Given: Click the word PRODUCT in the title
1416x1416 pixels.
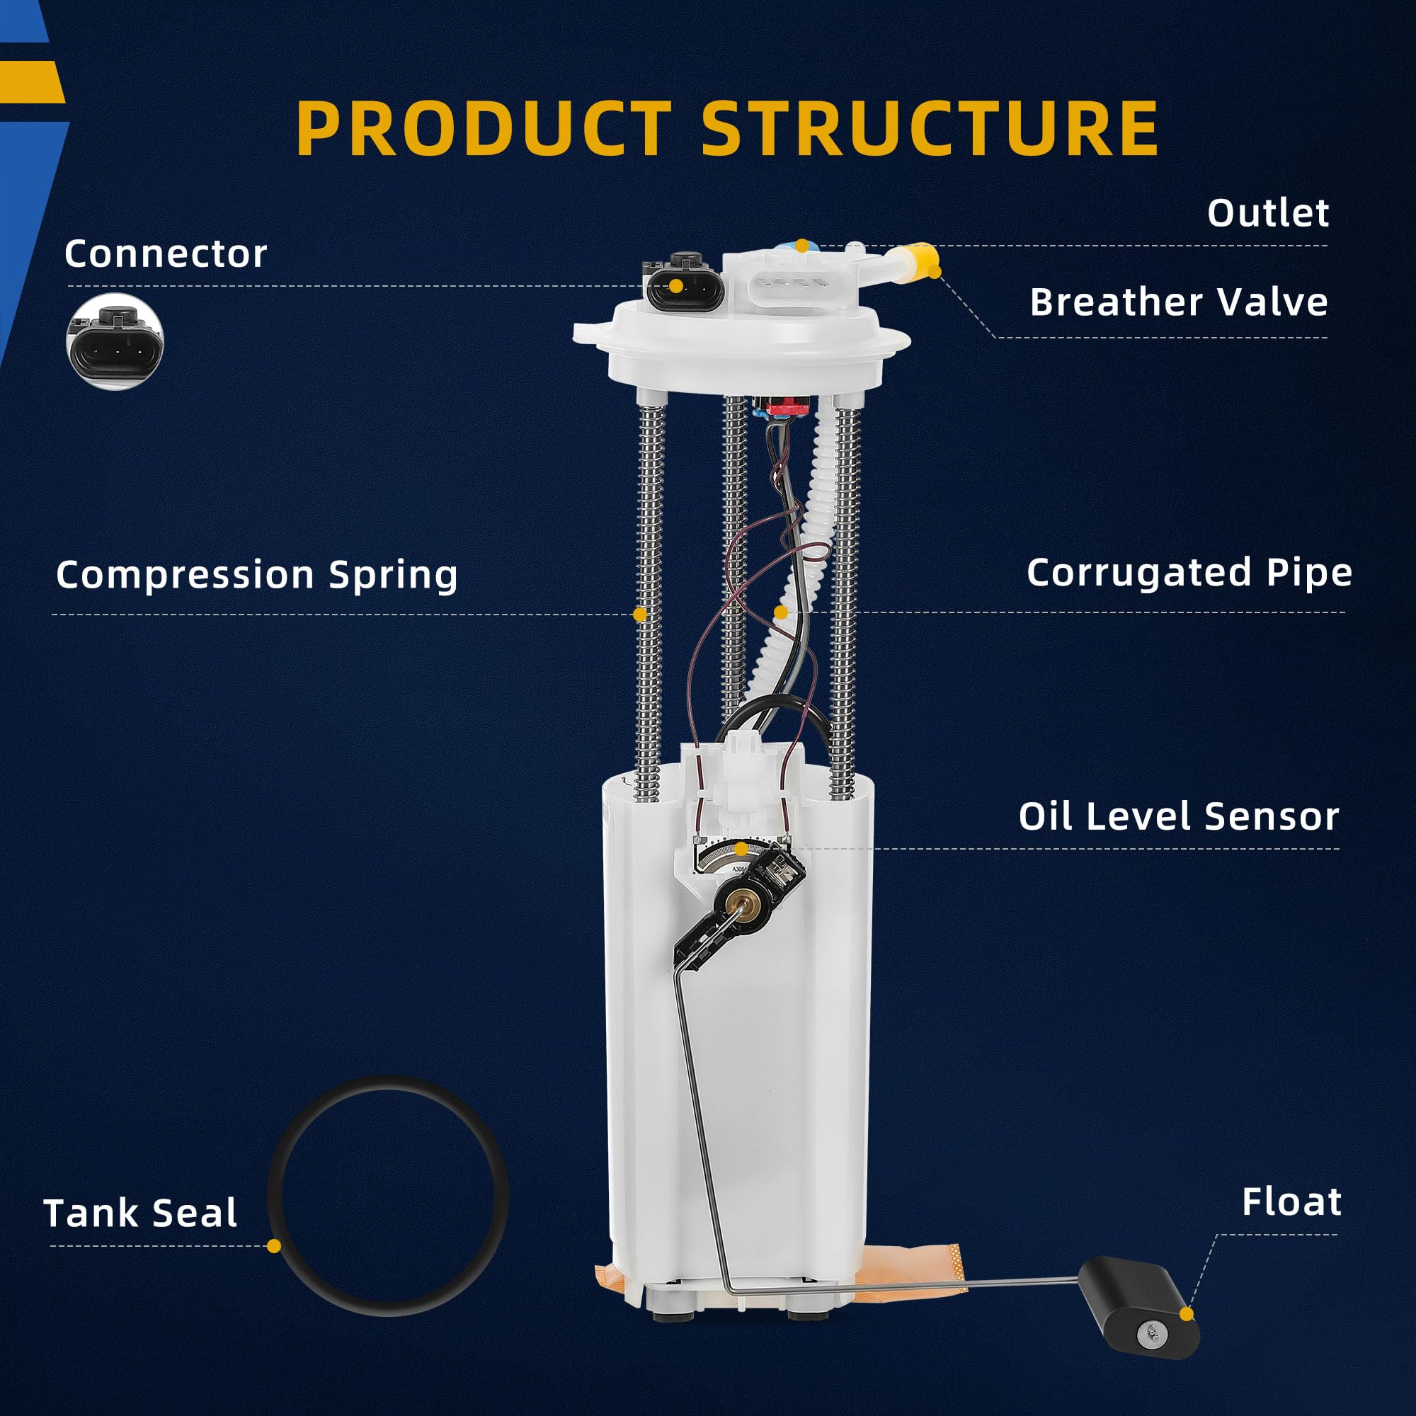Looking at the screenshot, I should click(484, 128).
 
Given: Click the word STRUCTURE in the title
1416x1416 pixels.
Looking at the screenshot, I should click(930, 128).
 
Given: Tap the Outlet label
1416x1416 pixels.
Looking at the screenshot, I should click(1267, 213).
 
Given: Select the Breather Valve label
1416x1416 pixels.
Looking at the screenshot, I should click(1178, 302).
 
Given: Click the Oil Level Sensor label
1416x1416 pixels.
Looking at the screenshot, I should click(1178, 816).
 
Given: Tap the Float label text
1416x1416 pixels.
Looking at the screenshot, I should click(1291, 1203).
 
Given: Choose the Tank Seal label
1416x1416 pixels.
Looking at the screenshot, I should click(141, 1213).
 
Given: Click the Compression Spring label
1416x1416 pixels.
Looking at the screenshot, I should click(256, 574).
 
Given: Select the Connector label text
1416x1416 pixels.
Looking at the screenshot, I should click(166, 254).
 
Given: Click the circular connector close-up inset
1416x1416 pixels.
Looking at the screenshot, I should click(115, 342).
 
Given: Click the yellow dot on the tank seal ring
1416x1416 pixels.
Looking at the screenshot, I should click(274, 1246).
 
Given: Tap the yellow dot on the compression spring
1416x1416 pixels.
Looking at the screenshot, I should click(640, 614).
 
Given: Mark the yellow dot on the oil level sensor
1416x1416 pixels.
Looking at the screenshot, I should click(741, 850).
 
